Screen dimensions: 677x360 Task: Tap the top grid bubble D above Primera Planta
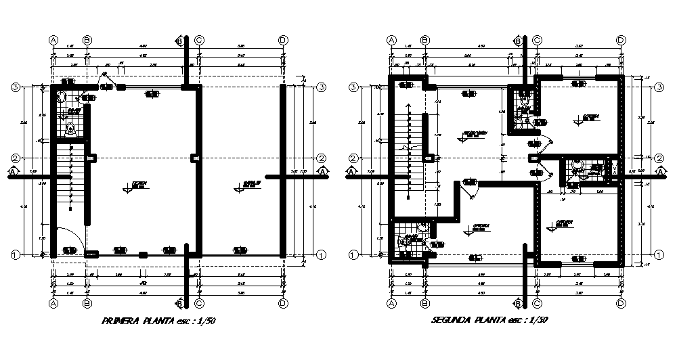pos(283,40)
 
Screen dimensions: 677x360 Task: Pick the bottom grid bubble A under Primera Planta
pos(53,304)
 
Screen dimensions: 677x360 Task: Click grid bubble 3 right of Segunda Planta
pos(659,88)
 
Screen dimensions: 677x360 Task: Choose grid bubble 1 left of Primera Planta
pos(14,254)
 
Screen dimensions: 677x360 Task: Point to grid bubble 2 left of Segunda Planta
pos(353,158)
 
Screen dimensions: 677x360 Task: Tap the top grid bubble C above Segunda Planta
pos(536,40)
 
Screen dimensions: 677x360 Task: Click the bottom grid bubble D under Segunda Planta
pos(621,304)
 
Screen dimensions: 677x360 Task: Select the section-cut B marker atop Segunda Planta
pos(519,41)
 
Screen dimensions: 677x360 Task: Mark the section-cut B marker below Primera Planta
pos(180,302)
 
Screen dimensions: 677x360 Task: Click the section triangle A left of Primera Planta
pos(14,172)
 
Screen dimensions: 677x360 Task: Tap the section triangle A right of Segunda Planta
pos(660,172)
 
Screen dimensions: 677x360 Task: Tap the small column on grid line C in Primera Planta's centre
pos(195,158)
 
